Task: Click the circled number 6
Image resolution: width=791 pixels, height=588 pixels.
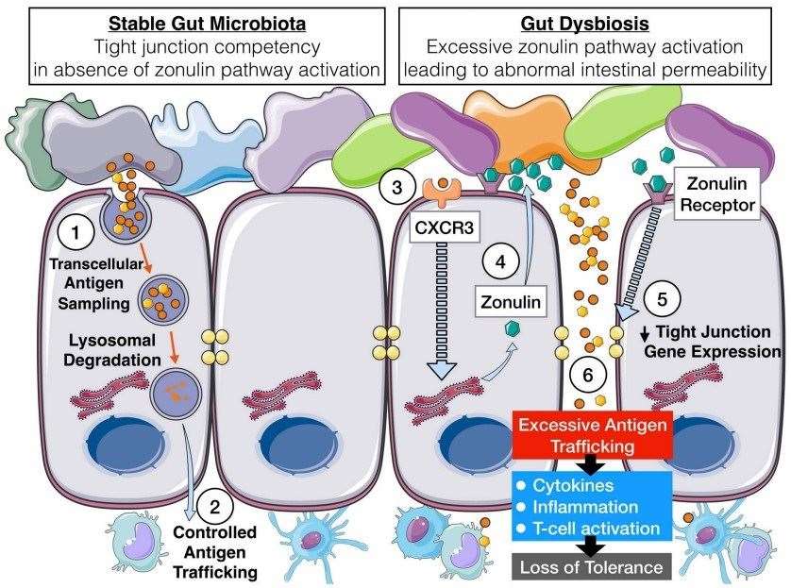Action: tap(587, 375)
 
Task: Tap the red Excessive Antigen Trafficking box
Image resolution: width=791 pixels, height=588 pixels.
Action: tap(590, 433)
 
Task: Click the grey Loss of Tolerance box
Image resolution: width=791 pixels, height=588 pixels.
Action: tap(590, 566)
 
